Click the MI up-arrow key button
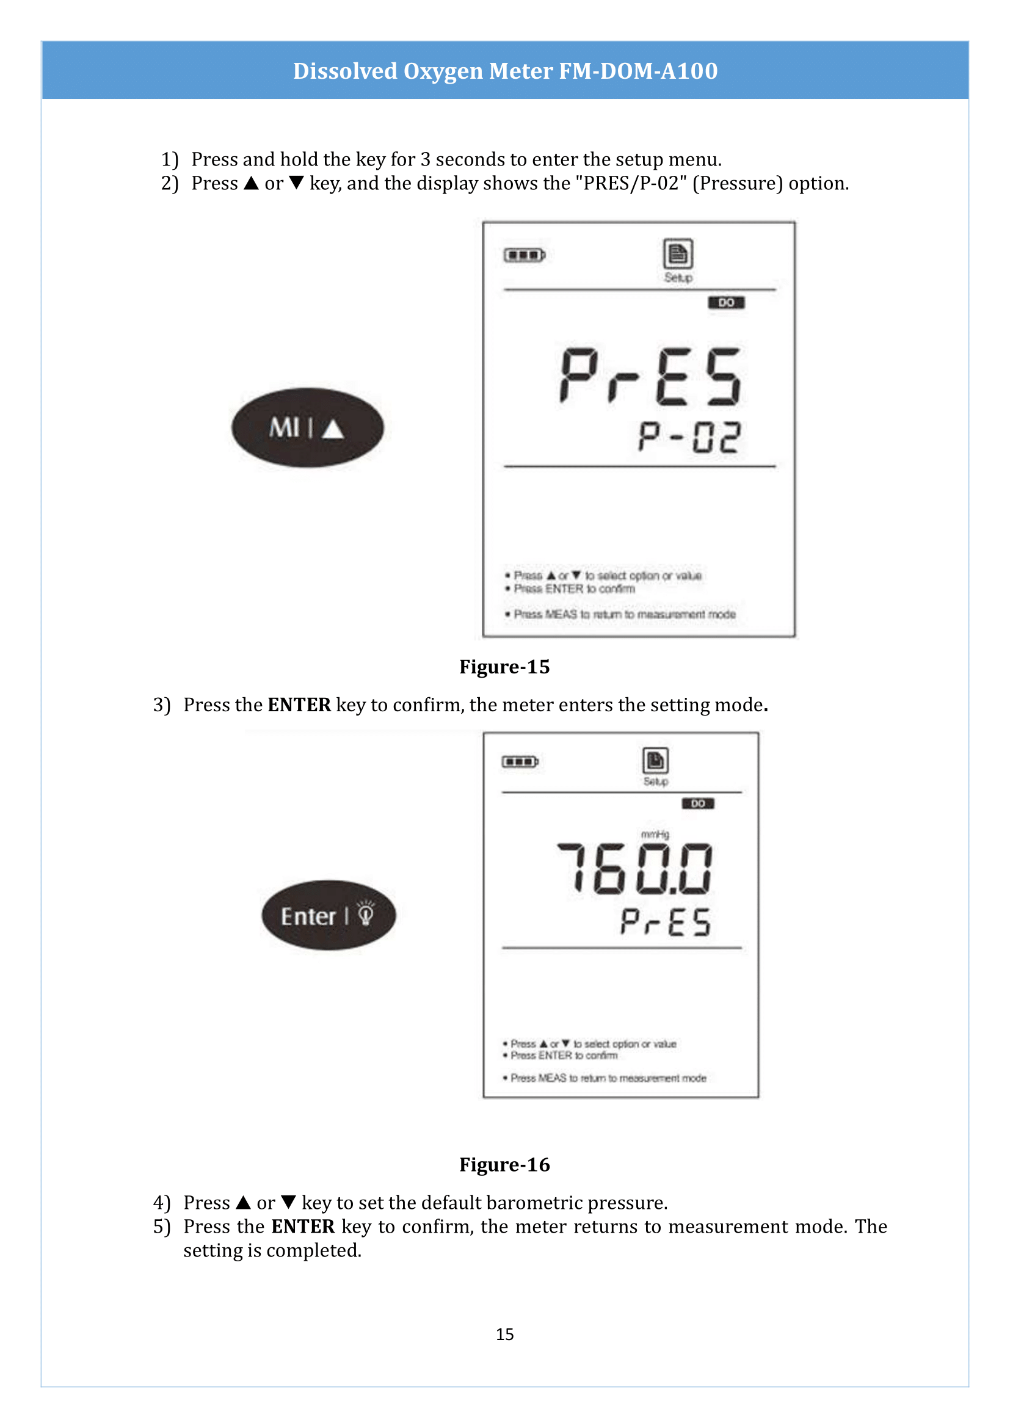click(307, 428)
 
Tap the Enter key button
click(328, 915)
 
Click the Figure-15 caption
click(504, 667)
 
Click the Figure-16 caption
click(504, 1164)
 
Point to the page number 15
click(504, 1333)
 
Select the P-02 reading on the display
click(689, 437)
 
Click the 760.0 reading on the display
click(634, 869)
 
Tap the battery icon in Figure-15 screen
click(525, 255)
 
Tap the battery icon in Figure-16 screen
click(520, 761)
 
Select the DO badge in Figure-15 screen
click(726, 303)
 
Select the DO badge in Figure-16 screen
click(698, 803)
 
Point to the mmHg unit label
click(655, 834)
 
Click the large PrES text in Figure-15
click(650, 376)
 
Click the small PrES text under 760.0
click(666, 922)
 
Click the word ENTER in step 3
click(299, 705)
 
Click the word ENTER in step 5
click(303, 1227)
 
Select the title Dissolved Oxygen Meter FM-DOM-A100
click(505, 71)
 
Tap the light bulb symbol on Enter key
click(366, 914)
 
